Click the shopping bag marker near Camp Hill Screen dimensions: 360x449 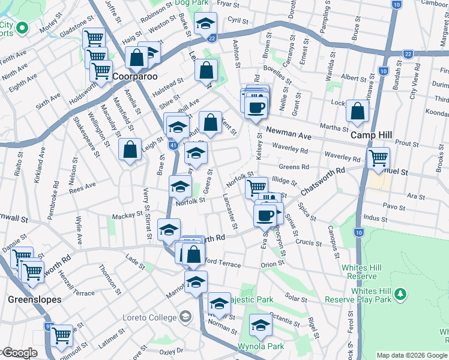point(358,112)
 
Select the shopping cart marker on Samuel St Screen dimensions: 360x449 point(378,158)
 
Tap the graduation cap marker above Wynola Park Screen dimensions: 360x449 point(260,326)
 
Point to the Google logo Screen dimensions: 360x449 point(20,353)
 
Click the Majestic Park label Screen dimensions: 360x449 point(256,299)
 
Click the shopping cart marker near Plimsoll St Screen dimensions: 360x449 point(62,336)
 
